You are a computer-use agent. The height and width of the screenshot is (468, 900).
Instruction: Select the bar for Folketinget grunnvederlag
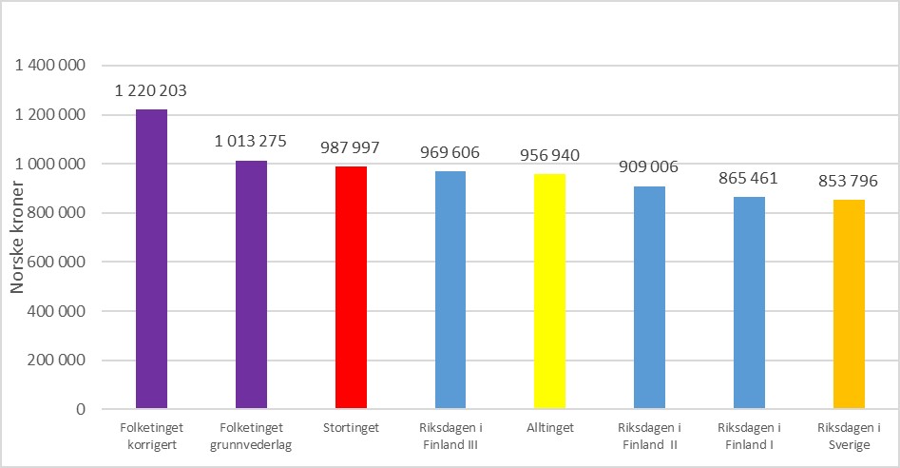[251, 284]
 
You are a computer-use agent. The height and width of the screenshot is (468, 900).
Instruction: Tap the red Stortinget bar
[351, 287]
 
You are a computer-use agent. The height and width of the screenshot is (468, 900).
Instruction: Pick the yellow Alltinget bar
[549, 291]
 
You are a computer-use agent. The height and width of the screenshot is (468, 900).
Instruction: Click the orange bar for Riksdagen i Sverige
[849, 304]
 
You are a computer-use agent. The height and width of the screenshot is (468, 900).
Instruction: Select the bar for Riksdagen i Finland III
[450, 290]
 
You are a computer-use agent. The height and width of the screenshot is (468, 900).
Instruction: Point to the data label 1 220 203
[151, 92]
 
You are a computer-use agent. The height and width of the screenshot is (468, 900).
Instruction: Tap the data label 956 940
[549, 156]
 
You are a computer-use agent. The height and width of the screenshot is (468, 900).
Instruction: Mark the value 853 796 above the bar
[849, 182]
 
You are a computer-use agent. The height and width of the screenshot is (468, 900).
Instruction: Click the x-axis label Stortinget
[351, 428]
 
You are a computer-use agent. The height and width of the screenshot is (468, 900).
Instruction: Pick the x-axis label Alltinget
[549, 428]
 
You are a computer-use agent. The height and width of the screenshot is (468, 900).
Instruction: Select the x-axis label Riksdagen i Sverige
[849, 436]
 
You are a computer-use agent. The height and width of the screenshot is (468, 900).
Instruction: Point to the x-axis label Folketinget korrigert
[151, 436]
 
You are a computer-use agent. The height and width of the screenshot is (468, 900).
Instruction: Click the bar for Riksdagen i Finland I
[749, 302]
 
